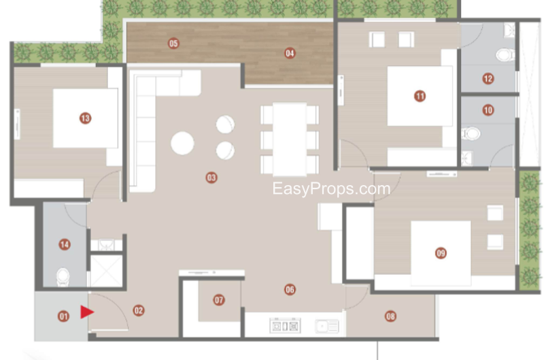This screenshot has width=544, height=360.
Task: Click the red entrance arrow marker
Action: click(x=87, y=312)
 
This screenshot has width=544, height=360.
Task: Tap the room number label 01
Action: click(x=63, y=316)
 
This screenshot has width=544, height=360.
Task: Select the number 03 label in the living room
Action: click(x=211, y=178)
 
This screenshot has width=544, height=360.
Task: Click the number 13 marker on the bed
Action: click(x=86, y=118)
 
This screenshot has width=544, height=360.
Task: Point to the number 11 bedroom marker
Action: click(x=420, y=96)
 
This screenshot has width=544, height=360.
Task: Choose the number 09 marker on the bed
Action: click(x=441, y=253)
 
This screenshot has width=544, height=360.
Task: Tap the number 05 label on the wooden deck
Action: click(x=173, y=44)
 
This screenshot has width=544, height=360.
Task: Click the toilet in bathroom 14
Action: click(x=63, y=277)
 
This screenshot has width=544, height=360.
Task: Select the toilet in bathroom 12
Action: click(x=505, y=54)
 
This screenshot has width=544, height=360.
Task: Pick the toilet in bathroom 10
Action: click(x=471, y=133)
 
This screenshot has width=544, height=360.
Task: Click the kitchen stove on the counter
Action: click(x=285, y=326)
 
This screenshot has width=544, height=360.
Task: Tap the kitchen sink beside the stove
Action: click(x=327, y=327)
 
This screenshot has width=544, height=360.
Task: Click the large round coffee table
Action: click(x=182, y=143)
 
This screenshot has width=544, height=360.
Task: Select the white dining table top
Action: click(x=290, y=140)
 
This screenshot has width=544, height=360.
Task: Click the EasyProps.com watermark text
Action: click(x=331, y=189)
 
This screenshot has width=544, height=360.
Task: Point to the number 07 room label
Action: click(x=219, y=300)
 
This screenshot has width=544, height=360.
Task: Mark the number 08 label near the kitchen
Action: click(x=390, y=316)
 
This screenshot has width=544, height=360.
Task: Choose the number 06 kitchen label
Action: click(x=290, y=289)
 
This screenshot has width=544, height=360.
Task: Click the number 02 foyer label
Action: click(x=139, y=310)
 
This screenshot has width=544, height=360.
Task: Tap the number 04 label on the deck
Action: click(x=290, y=53)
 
